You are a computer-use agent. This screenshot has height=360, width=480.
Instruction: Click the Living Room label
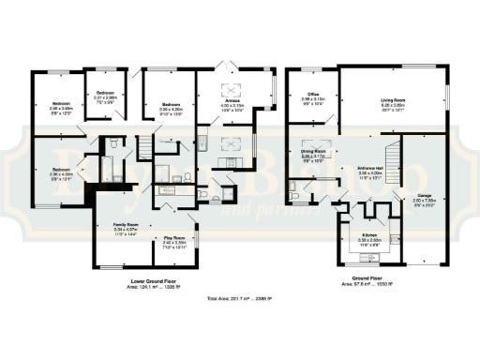tap(392, 105)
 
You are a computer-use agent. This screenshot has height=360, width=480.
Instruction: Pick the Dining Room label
tap(312, 152)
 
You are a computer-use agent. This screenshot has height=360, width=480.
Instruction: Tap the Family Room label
tap(127, 227)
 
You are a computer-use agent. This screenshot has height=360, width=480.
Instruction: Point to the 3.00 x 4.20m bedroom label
tap(171, 106)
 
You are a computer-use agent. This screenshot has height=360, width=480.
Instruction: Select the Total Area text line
tap(240, 299)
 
